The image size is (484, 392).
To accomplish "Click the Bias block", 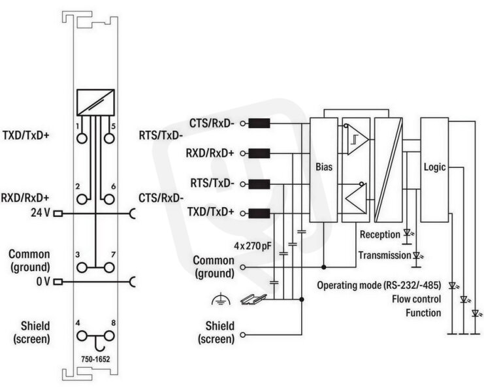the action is click(323, 170).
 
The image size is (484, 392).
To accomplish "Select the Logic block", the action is click(434, 170).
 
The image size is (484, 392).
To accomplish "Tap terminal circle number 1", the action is click(82, 139).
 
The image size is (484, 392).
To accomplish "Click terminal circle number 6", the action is click(109, 199).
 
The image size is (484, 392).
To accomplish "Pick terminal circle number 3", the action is click(82, 268).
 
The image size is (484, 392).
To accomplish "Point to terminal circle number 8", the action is click(109, 336).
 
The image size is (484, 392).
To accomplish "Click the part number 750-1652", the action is click(95, 359).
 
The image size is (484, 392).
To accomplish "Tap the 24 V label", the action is click(40, 213).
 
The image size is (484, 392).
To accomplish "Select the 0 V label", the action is click(43, 282).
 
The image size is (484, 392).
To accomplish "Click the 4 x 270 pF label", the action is click(253, 246).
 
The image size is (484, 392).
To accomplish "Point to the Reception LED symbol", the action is click(408, 233).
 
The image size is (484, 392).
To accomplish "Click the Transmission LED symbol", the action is click(417, 255).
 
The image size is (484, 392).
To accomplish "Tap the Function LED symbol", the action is click(476, 314).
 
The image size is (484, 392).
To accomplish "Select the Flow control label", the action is click(417, 299).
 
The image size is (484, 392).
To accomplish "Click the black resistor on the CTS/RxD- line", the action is click(259, 123).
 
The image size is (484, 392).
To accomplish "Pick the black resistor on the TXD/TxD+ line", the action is click(259, 213).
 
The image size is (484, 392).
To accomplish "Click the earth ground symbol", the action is click(221, 299).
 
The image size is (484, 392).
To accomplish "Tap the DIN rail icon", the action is click(253, 299).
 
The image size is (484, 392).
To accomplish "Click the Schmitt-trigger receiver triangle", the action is click(358, 140).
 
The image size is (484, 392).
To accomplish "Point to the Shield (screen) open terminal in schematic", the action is click(242, 335).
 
